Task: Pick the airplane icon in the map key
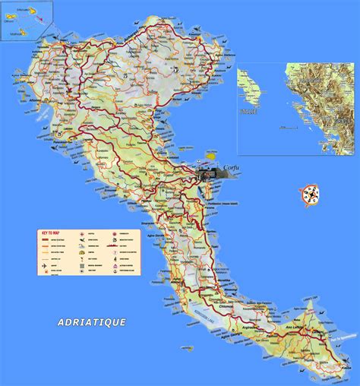tap(45, 258)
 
